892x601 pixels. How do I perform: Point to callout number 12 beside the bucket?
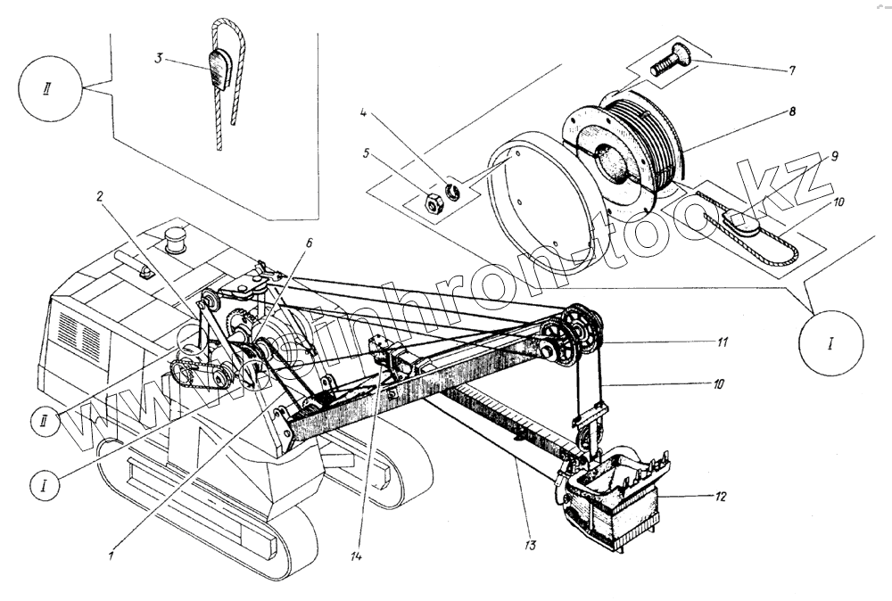pos(722,497)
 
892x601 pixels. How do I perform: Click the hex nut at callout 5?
pos(430,203)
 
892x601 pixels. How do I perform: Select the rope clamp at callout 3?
pos(219,69)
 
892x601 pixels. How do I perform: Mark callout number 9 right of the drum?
pos(833,156)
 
